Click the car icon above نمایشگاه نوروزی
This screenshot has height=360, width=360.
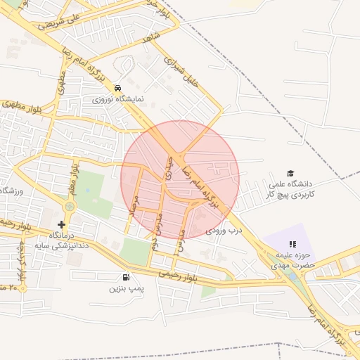117,89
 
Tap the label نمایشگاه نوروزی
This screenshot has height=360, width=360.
117,100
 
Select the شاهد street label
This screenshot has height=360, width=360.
151,37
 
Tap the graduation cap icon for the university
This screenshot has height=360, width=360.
290,173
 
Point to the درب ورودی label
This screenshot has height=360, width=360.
224,230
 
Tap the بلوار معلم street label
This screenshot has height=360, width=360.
72,179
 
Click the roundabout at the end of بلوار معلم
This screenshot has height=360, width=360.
70,207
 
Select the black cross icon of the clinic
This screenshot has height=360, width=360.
62,224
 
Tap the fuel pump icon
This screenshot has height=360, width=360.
126,278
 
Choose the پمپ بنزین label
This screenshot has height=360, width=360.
126,288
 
